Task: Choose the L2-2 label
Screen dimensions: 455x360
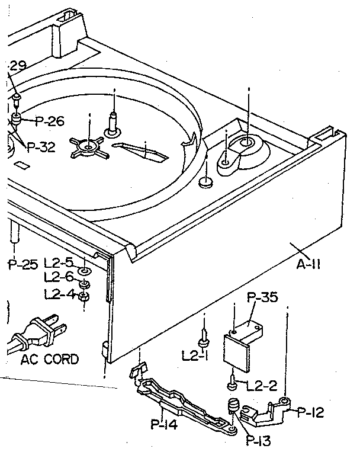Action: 261,386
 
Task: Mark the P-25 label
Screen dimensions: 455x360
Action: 22,265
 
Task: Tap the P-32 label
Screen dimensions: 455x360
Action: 40,148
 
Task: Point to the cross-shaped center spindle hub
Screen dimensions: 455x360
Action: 88,146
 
